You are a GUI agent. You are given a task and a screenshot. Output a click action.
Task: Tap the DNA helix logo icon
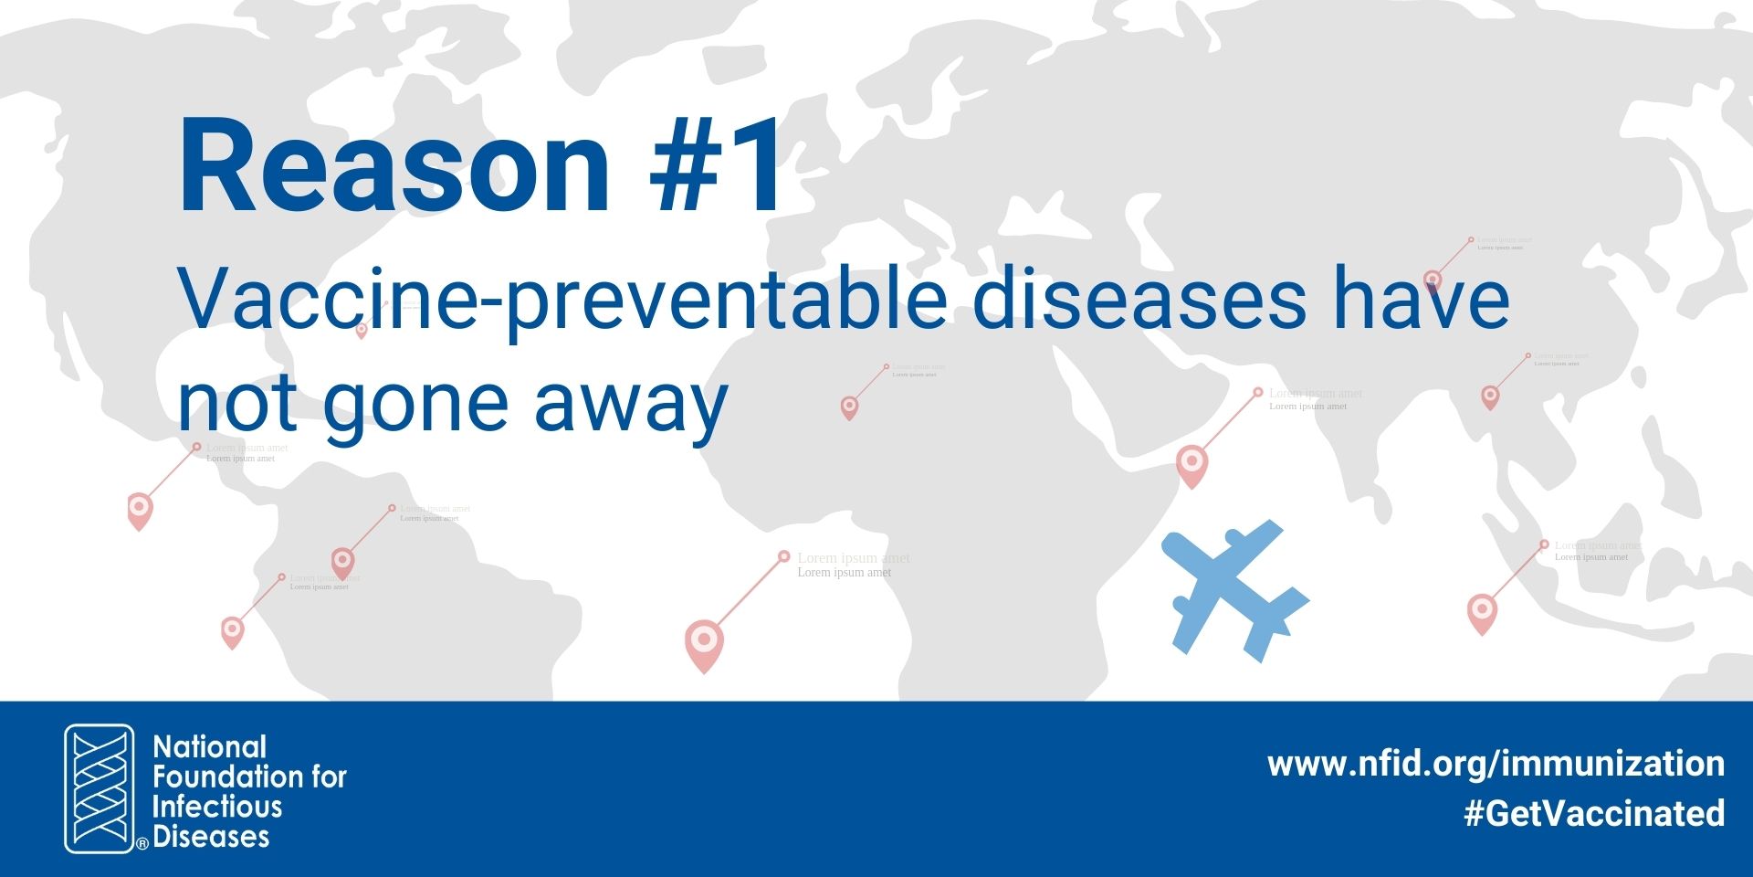coord(99,788)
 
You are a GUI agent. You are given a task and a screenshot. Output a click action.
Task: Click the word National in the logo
coord(210,747)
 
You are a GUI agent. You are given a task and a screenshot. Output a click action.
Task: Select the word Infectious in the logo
coord(217,807)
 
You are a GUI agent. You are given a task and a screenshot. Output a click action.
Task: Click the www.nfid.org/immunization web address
coord(1496,763)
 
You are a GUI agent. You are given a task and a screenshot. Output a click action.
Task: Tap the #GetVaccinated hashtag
coord(1594,812)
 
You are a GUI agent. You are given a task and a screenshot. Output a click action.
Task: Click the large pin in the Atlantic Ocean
coord(704,641)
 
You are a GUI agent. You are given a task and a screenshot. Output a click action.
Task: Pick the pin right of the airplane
coord(1482,610)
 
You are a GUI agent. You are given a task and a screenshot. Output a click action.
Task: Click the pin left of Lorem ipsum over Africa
coord(849,406)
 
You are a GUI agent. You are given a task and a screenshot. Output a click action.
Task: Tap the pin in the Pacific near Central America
coord(140,508)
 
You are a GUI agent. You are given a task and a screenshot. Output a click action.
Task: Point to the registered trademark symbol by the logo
coord(142,845)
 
